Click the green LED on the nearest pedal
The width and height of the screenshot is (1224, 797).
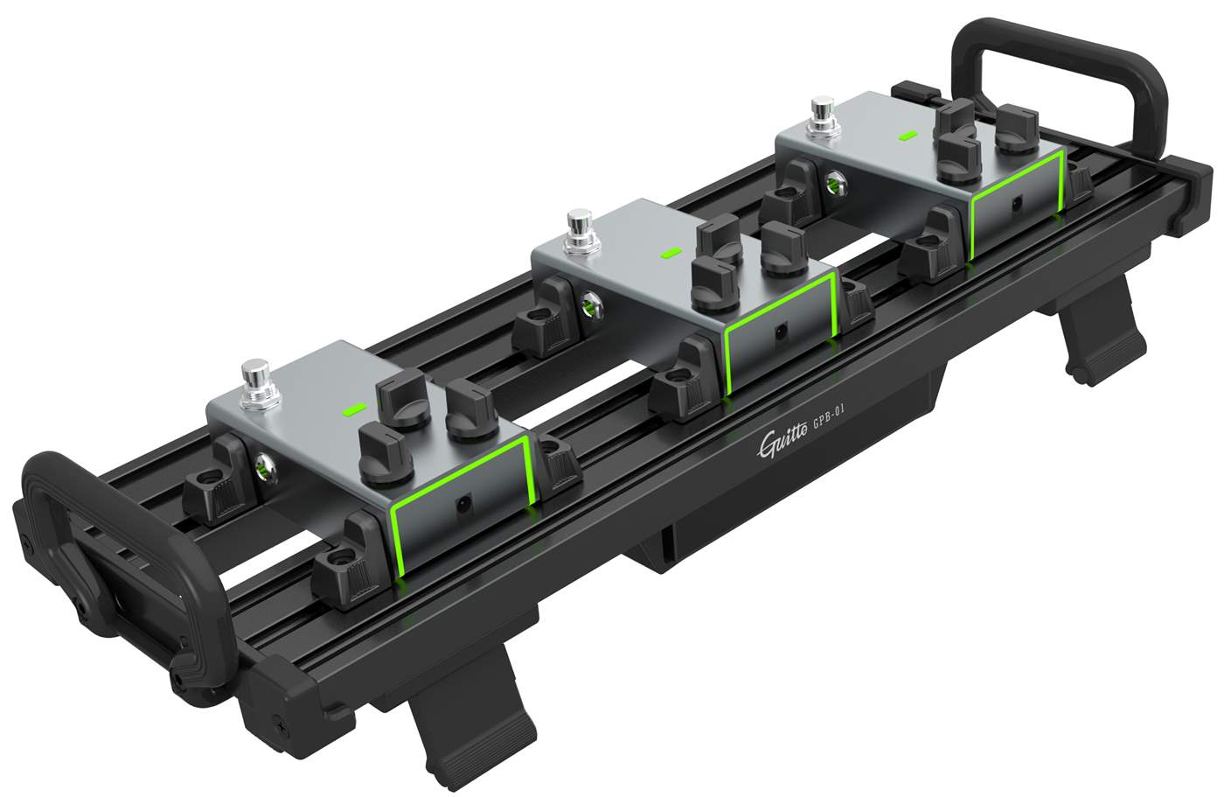click(x=354, y=409)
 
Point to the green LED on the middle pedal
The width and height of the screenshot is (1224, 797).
click(x=671, y=253)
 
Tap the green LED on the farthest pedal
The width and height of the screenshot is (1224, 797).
click(x=908, y=136)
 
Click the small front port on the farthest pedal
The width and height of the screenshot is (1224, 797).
click(x=1016, y=203)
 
